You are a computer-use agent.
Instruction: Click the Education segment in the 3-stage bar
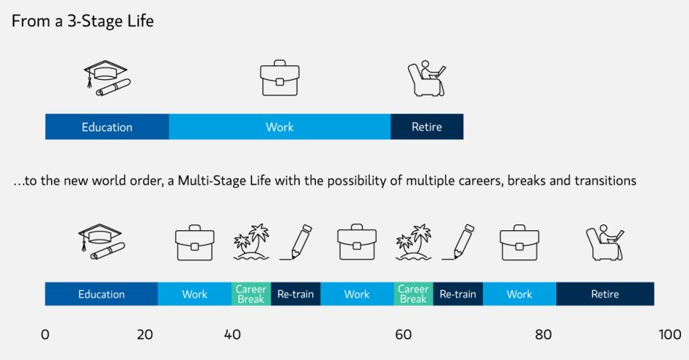(x=107, y=127)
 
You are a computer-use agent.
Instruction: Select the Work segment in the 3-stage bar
(x=280, y=127)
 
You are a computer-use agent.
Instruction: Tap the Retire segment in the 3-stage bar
(x=427, y=127)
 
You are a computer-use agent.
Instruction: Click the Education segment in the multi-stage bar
(x=101, y=293)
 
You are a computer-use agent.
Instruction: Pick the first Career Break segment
(x=251, y=293)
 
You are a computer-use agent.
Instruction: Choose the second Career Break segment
(x=413, y=293)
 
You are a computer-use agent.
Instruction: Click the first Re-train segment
(x=295, y=293)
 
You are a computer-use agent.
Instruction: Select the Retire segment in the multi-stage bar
(x=605, y=293)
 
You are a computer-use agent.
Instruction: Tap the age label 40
(x=232, y=334)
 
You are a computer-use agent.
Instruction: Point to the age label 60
(x=403, y=334)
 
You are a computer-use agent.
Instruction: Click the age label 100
(x=670, y=334)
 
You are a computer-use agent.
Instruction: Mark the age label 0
(x=45, y=334)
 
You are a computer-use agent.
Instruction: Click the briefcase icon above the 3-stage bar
(x=280, y=78)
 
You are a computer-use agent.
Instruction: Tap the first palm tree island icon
(x=251, y=242)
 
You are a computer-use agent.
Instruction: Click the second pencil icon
(x=458, y=242)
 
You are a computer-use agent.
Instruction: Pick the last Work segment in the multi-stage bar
(x=520, y=293)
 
